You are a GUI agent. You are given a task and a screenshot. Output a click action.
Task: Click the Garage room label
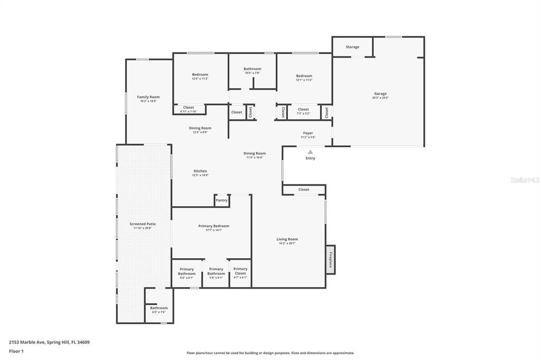click(380, 93)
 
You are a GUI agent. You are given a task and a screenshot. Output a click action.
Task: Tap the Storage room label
click(352, 47)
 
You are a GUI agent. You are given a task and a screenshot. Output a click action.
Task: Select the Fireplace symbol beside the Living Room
click(331, 260)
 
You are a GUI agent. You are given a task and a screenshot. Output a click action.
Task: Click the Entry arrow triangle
click(310, 152)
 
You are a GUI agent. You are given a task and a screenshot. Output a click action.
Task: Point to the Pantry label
click(221, 200)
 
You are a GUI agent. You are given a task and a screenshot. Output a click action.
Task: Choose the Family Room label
click(148, 97)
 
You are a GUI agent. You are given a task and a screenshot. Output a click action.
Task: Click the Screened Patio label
click(142, 224)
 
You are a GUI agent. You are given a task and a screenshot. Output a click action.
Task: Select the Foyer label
click(308, 133)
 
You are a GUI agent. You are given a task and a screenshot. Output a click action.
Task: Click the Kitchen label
click(200, 171)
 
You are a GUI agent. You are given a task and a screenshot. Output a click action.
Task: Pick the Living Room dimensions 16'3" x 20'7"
click(287, 243)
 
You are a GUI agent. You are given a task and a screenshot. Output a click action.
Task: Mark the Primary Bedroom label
click(213, 226)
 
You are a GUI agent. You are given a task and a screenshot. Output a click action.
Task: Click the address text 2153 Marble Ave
click(49, 342)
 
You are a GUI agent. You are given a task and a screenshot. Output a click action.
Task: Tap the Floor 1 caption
click(16, 351)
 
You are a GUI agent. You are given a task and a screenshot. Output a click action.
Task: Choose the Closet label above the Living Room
click(304, 190)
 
